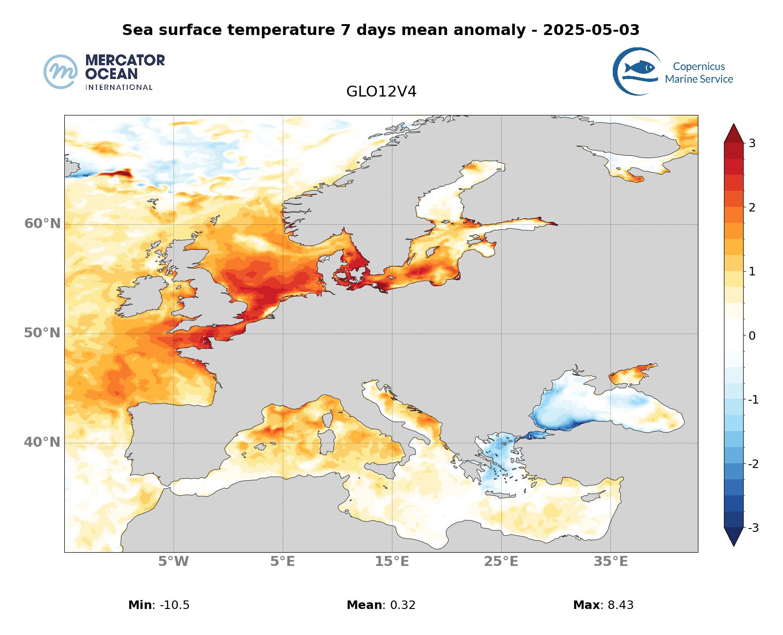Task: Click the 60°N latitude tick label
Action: (x=43, y=223)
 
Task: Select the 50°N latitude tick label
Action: (x=43, y=333)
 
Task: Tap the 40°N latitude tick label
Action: (x=43, y=442)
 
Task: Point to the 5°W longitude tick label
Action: (x=174, y=562)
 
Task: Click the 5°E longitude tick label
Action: (x=283, y=562)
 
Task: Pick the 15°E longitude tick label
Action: (x=392, y=562)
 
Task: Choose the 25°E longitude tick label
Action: (x=501, y=562)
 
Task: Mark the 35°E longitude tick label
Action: (x=611, y=562)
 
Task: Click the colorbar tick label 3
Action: (x=752, y=143)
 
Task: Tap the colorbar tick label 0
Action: (x=752, y=335)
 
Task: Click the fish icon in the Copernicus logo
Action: (x=639, y=68)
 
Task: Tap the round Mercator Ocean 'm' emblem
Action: (x=61, y=71)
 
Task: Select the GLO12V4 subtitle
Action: (x=381, y=92)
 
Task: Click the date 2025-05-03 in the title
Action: (x=591, y=30)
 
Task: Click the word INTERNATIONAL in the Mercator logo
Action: (x=119, y=88)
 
